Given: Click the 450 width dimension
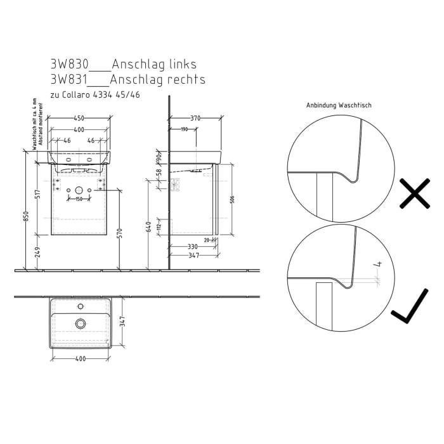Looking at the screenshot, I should [x=79, y=117].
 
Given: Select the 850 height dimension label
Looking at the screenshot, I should [x=26, y=216].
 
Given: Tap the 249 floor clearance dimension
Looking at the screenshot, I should [x=38, y=252].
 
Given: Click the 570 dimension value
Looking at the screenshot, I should [x=120, y=232].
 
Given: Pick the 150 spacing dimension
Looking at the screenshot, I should [x=79, y=200].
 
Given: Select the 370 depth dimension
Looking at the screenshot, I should [x=195, y=117].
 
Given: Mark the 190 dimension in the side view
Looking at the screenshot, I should [x=183, y=129].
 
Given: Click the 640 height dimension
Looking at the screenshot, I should [x=148, y=226].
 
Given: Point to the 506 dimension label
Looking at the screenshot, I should [x=232, y=199].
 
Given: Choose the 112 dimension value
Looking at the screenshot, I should [x=159, y=226].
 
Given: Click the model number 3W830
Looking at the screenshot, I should [x=69, y=65].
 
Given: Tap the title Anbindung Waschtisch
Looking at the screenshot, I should [x=338, y=105].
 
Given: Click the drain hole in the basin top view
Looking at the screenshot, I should [x=80, y=323].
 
